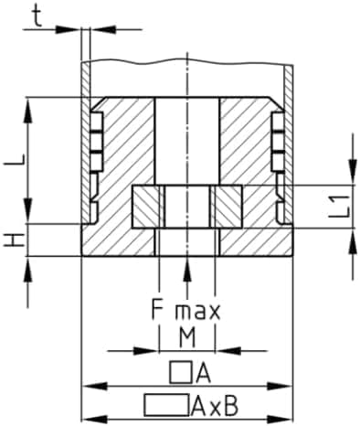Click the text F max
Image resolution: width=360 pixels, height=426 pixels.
[185, 310]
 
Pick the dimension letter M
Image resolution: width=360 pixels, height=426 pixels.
[186, 337]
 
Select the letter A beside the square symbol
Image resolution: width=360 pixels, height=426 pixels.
[203, 372]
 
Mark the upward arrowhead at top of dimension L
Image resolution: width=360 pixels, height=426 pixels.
[28, 105]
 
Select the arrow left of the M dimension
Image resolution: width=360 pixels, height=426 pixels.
[149, 349]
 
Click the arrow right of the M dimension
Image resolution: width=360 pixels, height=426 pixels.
[225, 349]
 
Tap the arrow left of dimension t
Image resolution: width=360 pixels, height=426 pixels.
[73, 28]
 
